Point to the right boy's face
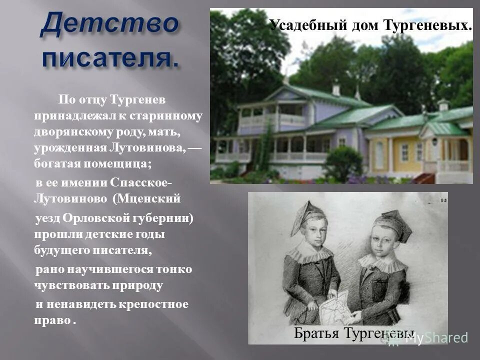pyautogui.click(x=386, y=244)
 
